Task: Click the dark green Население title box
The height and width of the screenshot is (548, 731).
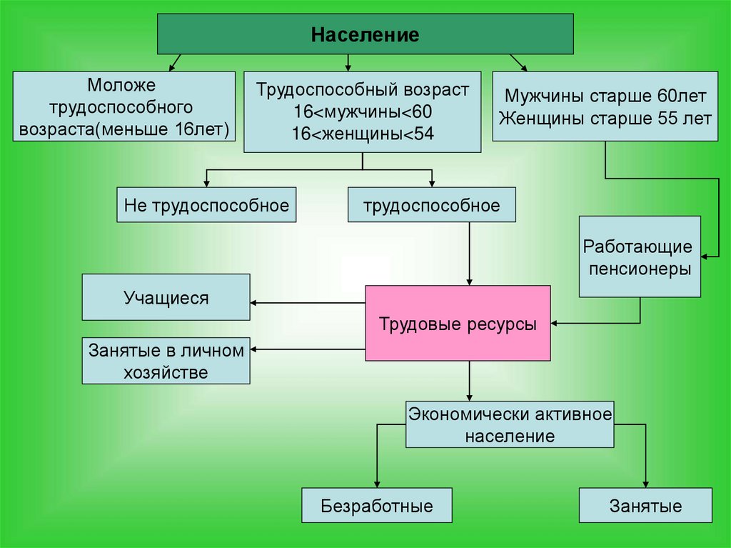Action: [365, 34]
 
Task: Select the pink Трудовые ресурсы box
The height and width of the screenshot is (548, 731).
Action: [458, 323]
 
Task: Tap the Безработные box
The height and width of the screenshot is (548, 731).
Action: [377, 507]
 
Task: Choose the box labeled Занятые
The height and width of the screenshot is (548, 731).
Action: [645, 507]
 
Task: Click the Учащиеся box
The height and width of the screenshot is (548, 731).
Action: [166, 297]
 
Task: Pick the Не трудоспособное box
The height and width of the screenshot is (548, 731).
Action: [206, 206]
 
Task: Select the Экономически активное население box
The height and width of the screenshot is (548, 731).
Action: [510, 424]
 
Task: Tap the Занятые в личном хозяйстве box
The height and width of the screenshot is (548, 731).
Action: [166, 361]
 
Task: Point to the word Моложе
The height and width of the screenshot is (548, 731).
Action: [121, 86]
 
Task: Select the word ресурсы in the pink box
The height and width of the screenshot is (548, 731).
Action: [503, 323]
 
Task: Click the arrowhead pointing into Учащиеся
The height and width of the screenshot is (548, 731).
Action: [255, 302]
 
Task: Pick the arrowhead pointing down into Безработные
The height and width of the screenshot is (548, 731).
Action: [377, 484]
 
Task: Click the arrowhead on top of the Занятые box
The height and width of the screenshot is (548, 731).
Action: [645, 484]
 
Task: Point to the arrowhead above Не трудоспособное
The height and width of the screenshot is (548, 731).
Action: [206, 184]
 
